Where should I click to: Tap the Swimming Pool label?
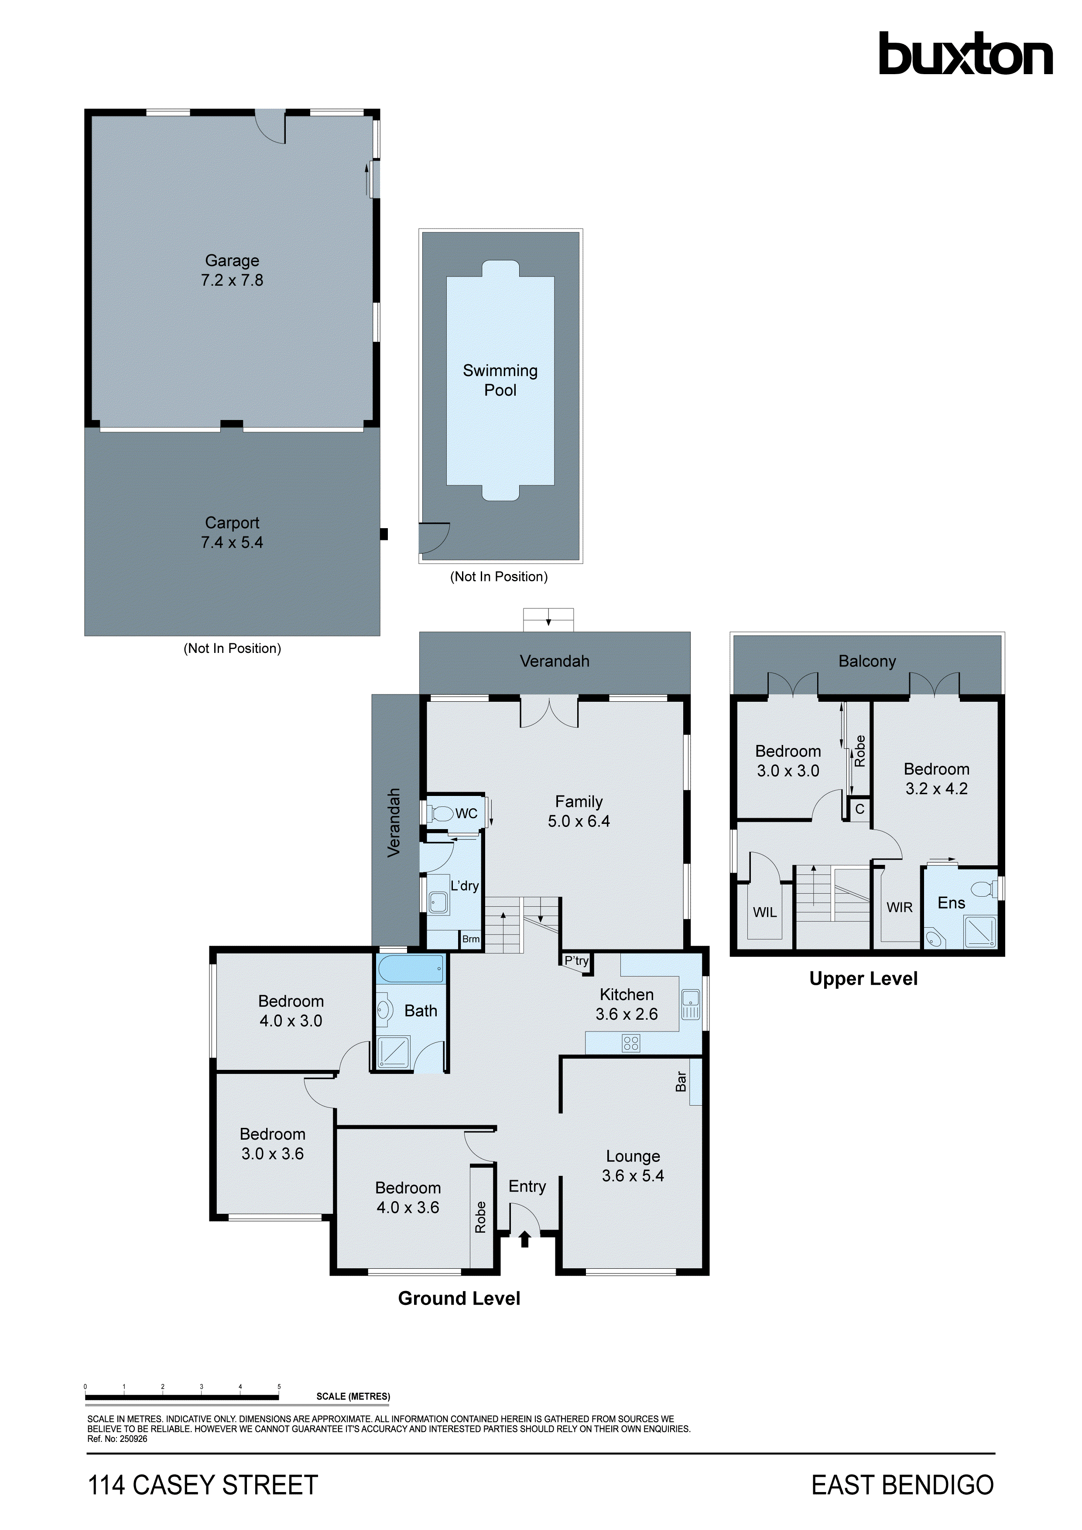(500, 380)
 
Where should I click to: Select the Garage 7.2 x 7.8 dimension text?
(232, 280)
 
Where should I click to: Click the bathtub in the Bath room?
(411, 968)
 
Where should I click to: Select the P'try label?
(576, 960)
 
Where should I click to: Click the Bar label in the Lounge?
(681, 1082)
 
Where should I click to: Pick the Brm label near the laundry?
(471, 939)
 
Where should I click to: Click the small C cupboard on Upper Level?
(859, 809)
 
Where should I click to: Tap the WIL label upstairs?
(765, 912)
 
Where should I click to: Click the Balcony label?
(866, 661)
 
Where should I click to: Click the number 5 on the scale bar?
(279, 1387)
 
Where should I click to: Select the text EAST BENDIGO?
(902, 1486)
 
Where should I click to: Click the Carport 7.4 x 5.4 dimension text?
(232, 543)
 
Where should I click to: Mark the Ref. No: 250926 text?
(117, 1439)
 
